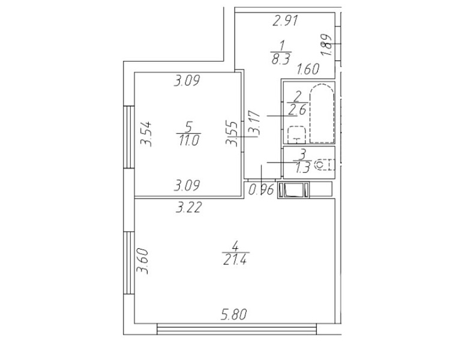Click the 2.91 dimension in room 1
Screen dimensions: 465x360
(x=285, y=21)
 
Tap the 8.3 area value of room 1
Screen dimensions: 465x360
(x=281, y=59)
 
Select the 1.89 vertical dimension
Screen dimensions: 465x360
(x=326, y=45)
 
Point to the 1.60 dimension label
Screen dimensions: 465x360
(x=308, y=69)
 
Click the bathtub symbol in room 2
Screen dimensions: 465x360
(x=322, y=113)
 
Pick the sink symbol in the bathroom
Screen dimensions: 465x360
(x=297, y=135)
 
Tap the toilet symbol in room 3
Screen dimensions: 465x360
(x=324, y=164)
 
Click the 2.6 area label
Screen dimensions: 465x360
(x=297, y=110)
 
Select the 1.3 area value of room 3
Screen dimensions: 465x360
(x=302, y=168)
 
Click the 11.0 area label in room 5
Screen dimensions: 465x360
(x=189, y=140)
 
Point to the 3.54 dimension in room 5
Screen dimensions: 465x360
(x=146, y=133)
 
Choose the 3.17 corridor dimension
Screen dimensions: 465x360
(x=254, y=124)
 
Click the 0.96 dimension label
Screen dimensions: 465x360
(x=261, y=190)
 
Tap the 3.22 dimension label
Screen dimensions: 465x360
(x=188, y=207)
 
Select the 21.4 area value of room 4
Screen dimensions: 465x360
(x=235, y=259)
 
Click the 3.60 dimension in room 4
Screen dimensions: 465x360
(x=142, y=261)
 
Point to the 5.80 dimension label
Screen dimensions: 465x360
(x=233, y=314)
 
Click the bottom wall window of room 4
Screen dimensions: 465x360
(x=236, y=329)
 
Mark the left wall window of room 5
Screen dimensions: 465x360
(x=129, y=137)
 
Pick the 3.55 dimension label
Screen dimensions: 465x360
(x=232, y=133)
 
